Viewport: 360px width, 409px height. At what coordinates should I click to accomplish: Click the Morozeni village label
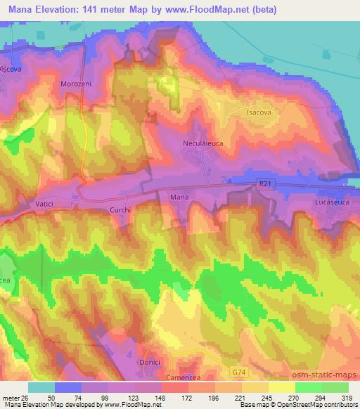click(x=77, y=83)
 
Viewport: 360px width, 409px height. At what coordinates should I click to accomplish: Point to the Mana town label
click(x=179, y=198)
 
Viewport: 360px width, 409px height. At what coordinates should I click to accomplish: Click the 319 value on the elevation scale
click(x=347, y=398)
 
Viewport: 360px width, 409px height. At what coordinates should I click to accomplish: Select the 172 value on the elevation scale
click(x=185, y=398)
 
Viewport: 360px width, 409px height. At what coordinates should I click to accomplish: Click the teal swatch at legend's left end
click(x=41, y=387)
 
